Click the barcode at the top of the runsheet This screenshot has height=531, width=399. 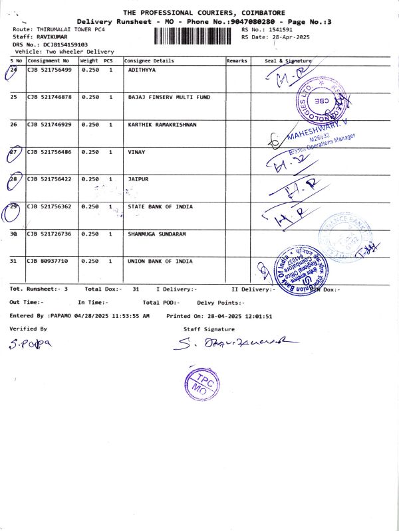pos(195,36)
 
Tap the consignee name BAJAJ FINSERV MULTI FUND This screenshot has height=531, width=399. pos(168,97)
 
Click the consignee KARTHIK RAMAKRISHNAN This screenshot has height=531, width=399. pos(162,125)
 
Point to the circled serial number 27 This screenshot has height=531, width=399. pos(13,153)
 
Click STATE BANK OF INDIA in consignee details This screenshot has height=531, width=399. pos(160,207)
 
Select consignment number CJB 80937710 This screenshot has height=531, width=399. pos(47,262)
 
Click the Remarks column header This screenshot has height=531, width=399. pos(237,60)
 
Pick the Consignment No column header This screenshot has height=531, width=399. pos(48,60)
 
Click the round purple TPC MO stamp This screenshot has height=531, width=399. pos(200,383)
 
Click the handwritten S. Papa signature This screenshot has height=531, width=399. pos(30,343)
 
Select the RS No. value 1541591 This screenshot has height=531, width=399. pos(279,30)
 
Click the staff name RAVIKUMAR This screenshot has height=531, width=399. pos(52,37)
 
